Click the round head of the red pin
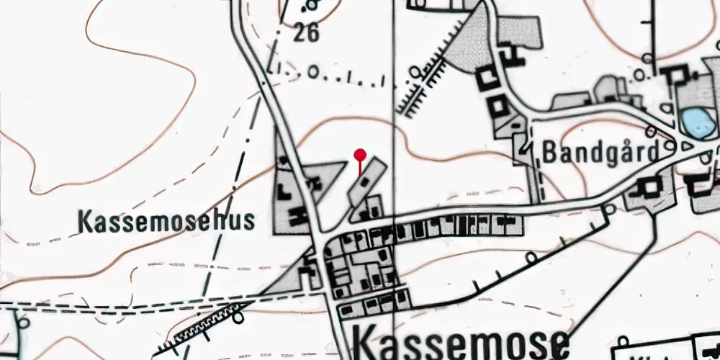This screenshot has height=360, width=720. (x=360, y=153)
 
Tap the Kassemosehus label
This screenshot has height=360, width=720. (x=166, y=221)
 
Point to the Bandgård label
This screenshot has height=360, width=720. (x=600, y=152)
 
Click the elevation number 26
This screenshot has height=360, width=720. (x=306, y=33)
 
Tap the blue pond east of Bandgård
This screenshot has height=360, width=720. (x=697, y=122)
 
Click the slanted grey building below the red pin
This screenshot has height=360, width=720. (x=367, y=183)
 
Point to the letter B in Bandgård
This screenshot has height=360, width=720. (x=551, y=152)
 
